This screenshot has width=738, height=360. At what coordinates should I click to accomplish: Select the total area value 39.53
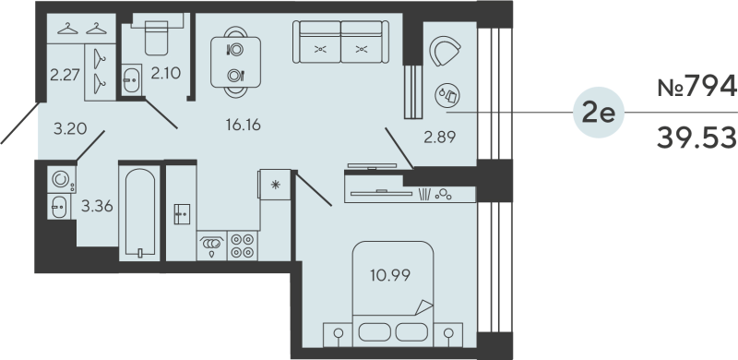coord(696,138)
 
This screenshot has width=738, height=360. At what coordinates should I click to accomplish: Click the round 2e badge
coord(599,114)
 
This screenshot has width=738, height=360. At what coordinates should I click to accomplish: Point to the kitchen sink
coord(212,245)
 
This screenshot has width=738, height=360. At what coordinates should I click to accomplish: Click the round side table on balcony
coord(451,93)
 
